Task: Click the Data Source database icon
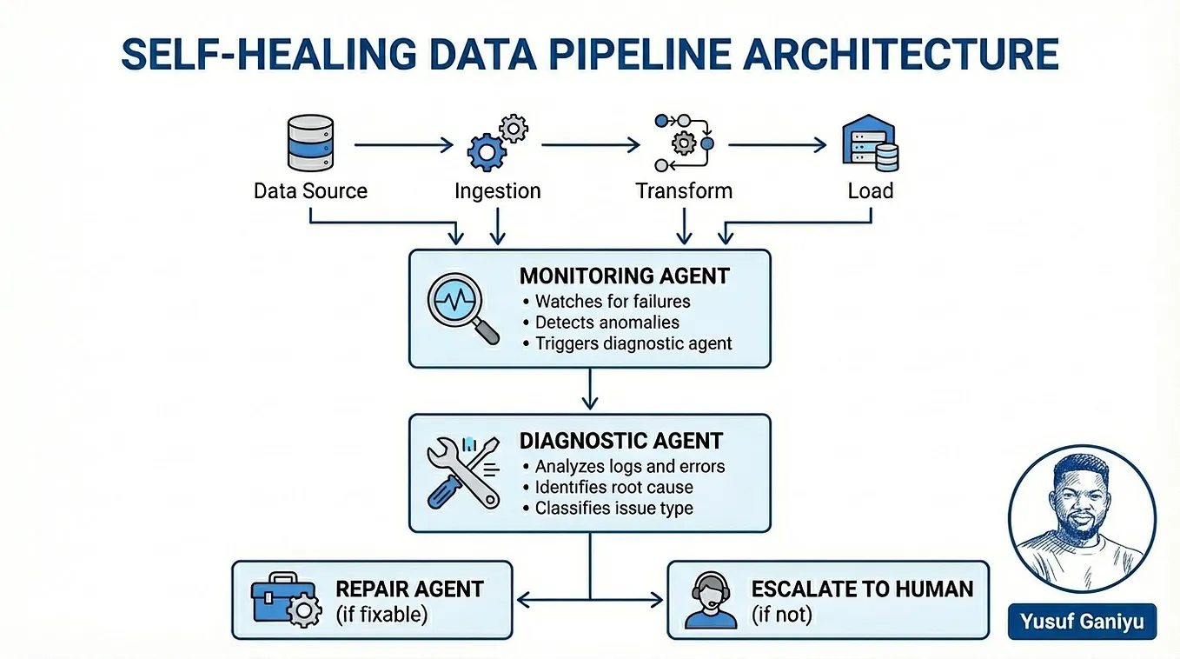[x=310, y=144]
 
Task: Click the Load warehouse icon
[x=870, y=144]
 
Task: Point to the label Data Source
[x=310, y=191]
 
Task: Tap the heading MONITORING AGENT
[x=624, y=276]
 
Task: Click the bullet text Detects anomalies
[x=607, y=323]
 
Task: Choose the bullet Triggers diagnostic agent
[x=633, y=343]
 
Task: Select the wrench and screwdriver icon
[x=463, y=472]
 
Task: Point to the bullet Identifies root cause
[x=613, y=487]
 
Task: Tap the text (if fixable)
[x=381, y=615]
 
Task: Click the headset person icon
[x=705, y=601]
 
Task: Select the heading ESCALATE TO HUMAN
[x=862, y=589]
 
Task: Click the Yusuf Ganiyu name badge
[x=1082, y=622]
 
